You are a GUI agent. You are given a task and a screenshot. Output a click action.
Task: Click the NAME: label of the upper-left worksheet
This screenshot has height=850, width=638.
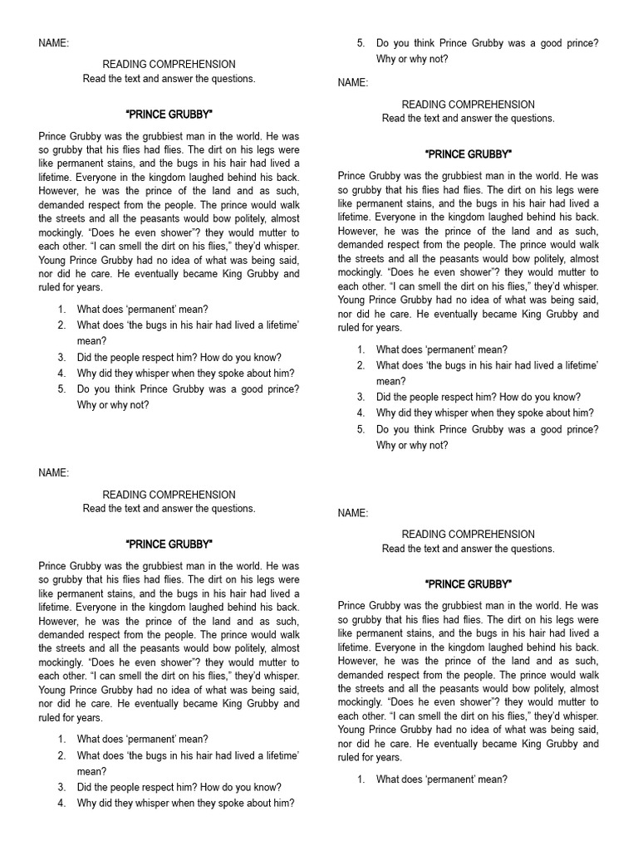coord(54,42)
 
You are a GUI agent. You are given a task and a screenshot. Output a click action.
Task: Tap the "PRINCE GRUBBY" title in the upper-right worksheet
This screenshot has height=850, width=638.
coord(468,154)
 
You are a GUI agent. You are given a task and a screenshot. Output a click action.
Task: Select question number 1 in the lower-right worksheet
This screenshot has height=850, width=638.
coord(361,779)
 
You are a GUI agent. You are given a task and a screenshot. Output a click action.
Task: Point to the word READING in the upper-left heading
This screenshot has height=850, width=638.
coord(123,64)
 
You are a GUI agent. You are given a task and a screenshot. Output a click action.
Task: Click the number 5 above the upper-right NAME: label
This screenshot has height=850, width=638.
coord(361,43)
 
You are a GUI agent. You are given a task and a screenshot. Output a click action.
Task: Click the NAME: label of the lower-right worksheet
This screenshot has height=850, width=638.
coord(353,514)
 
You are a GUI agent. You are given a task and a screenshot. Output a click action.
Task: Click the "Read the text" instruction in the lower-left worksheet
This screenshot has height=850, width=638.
coord(169,509)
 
